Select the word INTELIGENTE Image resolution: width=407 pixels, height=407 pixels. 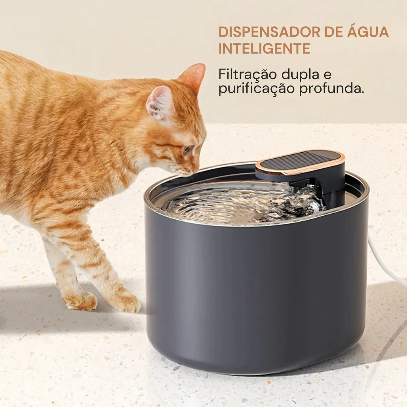click(264, 49)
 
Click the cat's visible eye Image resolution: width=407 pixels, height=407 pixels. click(187, 149)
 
